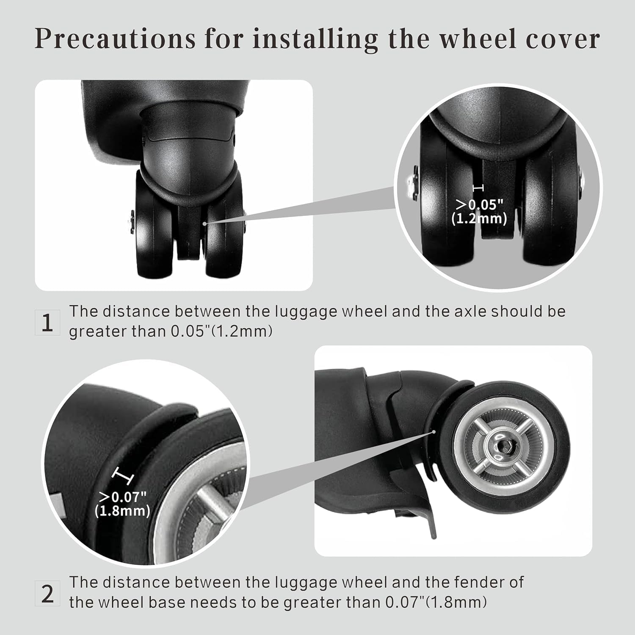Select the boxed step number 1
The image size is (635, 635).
(47, 323)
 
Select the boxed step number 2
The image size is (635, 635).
(47, 594)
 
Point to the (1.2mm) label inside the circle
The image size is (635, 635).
(479, 218)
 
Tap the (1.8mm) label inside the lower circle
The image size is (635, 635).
(122, 511)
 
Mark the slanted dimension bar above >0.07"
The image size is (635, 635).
(122, 476)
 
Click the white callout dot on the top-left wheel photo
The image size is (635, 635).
(204, 223)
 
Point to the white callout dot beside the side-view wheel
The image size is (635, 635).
(434, 432)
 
